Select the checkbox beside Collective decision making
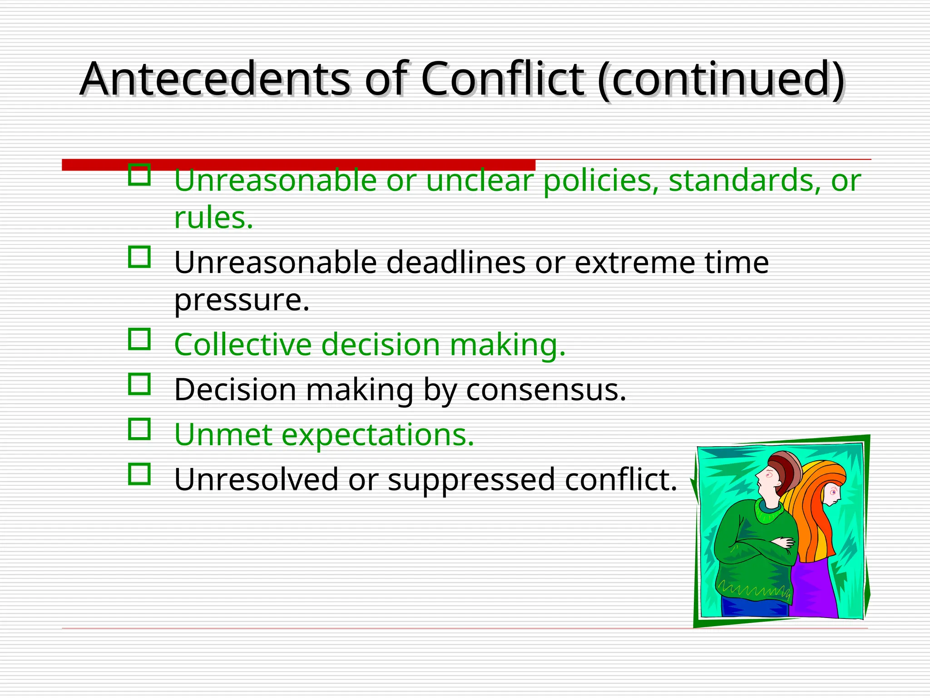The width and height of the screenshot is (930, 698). [139, 339]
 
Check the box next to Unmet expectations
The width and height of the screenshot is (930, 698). [139, 429]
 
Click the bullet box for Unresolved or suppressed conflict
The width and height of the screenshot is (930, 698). [139, 474]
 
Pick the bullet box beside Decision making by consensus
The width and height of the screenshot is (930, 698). [139, 384]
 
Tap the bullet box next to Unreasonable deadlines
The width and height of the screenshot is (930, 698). [139, 257]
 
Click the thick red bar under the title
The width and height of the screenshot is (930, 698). [299, 165]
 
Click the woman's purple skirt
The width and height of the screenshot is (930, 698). [815, 588]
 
